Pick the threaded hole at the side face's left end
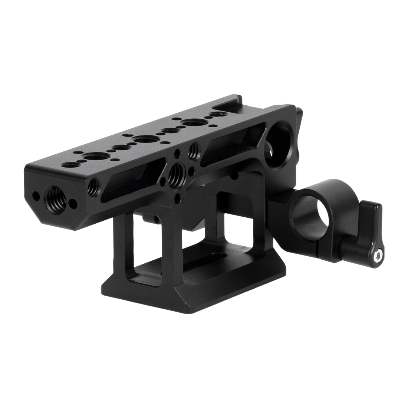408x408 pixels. click(x=92, y=183)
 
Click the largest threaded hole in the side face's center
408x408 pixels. click(x=175, y=173)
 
